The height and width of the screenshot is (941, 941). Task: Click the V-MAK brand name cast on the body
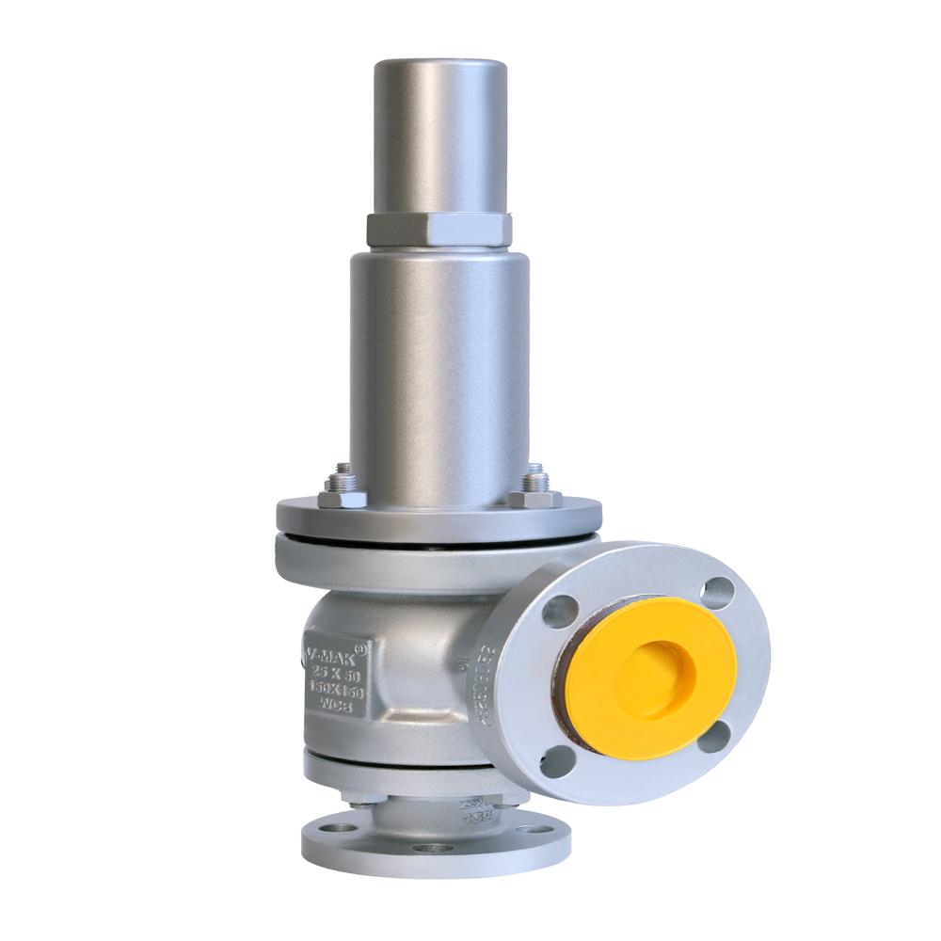pos(334,651)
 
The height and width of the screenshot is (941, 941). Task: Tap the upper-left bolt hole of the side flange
pos(561,612)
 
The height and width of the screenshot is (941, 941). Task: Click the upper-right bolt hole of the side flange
pos(717,591)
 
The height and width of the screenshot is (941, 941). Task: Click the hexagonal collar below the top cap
pos(439,229)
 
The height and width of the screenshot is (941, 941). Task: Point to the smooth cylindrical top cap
pos(439,136)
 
